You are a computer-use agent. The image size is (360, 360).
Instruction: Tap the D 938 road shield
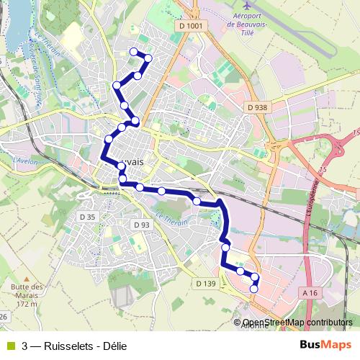[257, 107]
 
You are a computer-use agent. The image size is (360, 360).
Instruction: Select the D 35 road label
[87, 217]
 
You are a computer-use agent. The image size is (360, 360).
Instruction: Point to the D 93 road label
[141, 225]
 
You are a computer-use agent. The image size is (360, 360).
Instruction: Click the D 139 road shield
[205, 284]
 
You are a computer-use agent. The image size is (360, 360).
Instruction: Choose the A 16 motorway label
[310, 293]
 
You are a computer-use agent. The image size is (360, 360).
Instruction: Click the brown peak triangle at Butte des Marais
[27, 278]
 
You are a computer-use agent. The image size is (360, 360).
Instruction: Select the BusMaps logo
[330, 345]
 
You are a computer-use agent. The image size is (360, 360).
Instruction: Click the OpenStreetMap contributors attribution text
[297, 323]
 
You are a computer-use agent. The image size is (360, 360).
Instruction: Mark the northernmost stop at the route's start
[132, 51]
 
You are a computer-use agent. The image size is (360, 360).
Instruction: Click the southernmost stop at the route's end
[253, 289]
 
